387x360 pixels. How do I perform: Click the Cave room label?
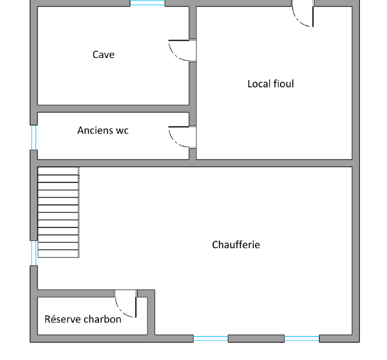[x=103, y=54]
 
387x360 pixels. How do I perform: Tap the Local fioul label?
[x=271, y=84]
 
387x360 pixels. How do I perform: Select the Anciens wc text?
[x=103, y=130]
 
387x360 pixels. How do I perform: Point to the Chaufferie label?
[x=236, y=244]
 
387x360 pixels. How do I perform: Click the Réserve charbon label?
[x=83, y=319]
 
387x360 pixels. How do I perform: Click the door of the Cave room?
[x=183, y=50]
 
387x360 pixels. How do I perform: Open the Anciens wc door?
[x=183, y=137]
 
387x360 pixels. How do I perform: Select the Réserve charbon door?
[x=126, y=304]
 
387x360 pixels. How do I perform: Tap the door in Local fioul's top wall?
[x=303, y=14]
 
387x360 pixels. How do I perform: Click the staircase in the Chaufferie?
[x=58, y=212]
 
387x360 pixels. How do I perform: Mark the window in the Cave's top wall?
[x=147, y=3]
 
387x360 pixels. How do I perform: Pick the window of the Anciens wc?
[x=34, y=137]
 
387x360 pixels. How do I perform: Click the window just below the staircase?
[x=34, y=253]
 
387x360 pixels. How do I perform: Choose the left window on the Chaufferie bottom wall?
[x=210, y=338]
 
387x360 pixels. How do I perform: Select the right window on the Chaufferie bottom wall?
[x=302, y=338]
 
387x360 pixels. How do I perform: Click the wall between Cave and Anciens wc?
[x=113, y=109]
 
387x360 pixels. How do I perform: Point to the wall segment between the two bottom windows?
[x=256, y=338]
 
